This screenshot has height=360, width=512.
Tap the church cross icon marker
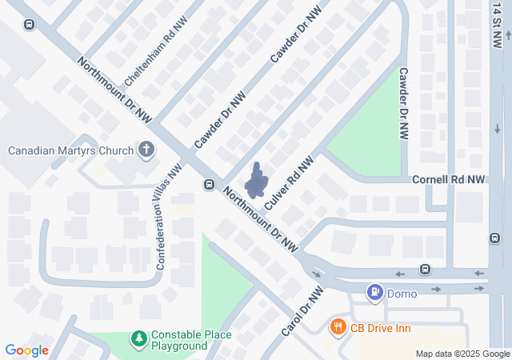pos(146,149)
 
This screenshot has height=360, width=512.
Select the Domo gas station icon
pos(374,293)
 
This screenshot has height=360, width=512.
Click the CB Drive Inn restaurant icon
pos(338,326)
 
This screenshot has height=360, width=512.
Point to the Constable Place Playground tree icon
pos(139,339)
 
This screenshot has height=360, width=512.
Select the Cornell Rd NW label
pos(449,181)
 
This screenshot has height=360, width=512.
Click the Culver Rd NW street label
pos(286,182)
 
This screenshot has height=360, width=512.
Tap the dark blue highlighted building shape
pos(257,182)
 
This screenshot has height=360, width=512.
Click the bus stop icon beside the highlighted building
pos(209,185)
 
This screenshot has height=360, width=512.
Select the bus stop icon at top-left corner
pos(29,24)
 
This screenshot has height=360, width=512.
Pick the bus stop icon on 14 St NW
pos(494,238)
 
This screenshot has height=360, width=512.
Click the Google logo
pos(26,350)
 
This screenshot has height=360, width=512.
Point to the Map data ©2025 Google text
pos(462,354)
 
